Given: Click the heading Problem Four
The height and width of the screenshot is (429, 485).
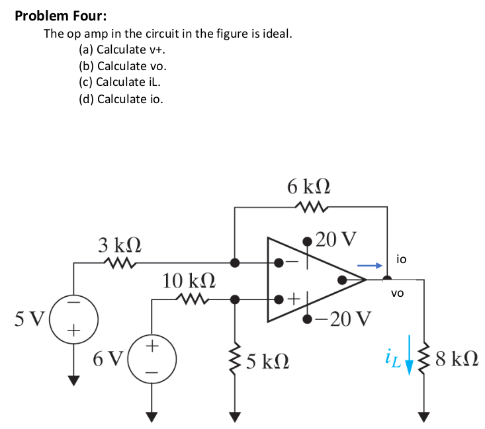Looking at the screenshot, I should pos(61,16).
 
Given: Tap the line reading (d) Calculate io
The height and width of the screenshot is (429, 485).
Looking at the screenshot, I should pos(120,99).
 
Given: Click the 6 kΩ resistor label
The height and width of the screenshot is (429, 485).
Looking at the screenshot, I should pos(310,186).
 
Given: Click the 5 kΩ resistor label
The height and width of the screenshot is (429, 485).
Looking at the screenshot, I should pos(268,361).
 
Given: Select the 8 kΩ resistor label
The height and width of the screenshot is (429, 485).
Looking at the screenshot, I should pos(457,360).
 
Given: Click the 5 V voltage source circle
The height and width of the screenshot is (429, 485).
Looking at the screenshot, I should pos(73,319).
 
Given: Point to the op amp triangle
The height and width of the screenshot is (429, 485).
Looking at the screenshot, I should pos(311,280).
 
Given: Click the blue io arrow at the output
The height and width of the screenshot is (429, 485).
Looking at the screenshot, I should pos(371,266).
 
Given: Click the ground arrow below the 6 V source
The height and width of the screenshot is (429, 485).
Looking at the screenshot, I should pos(152,416).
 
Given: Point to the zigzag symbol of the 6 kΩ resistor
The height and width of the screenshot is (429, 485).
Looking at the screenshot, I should pos(310,207).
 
